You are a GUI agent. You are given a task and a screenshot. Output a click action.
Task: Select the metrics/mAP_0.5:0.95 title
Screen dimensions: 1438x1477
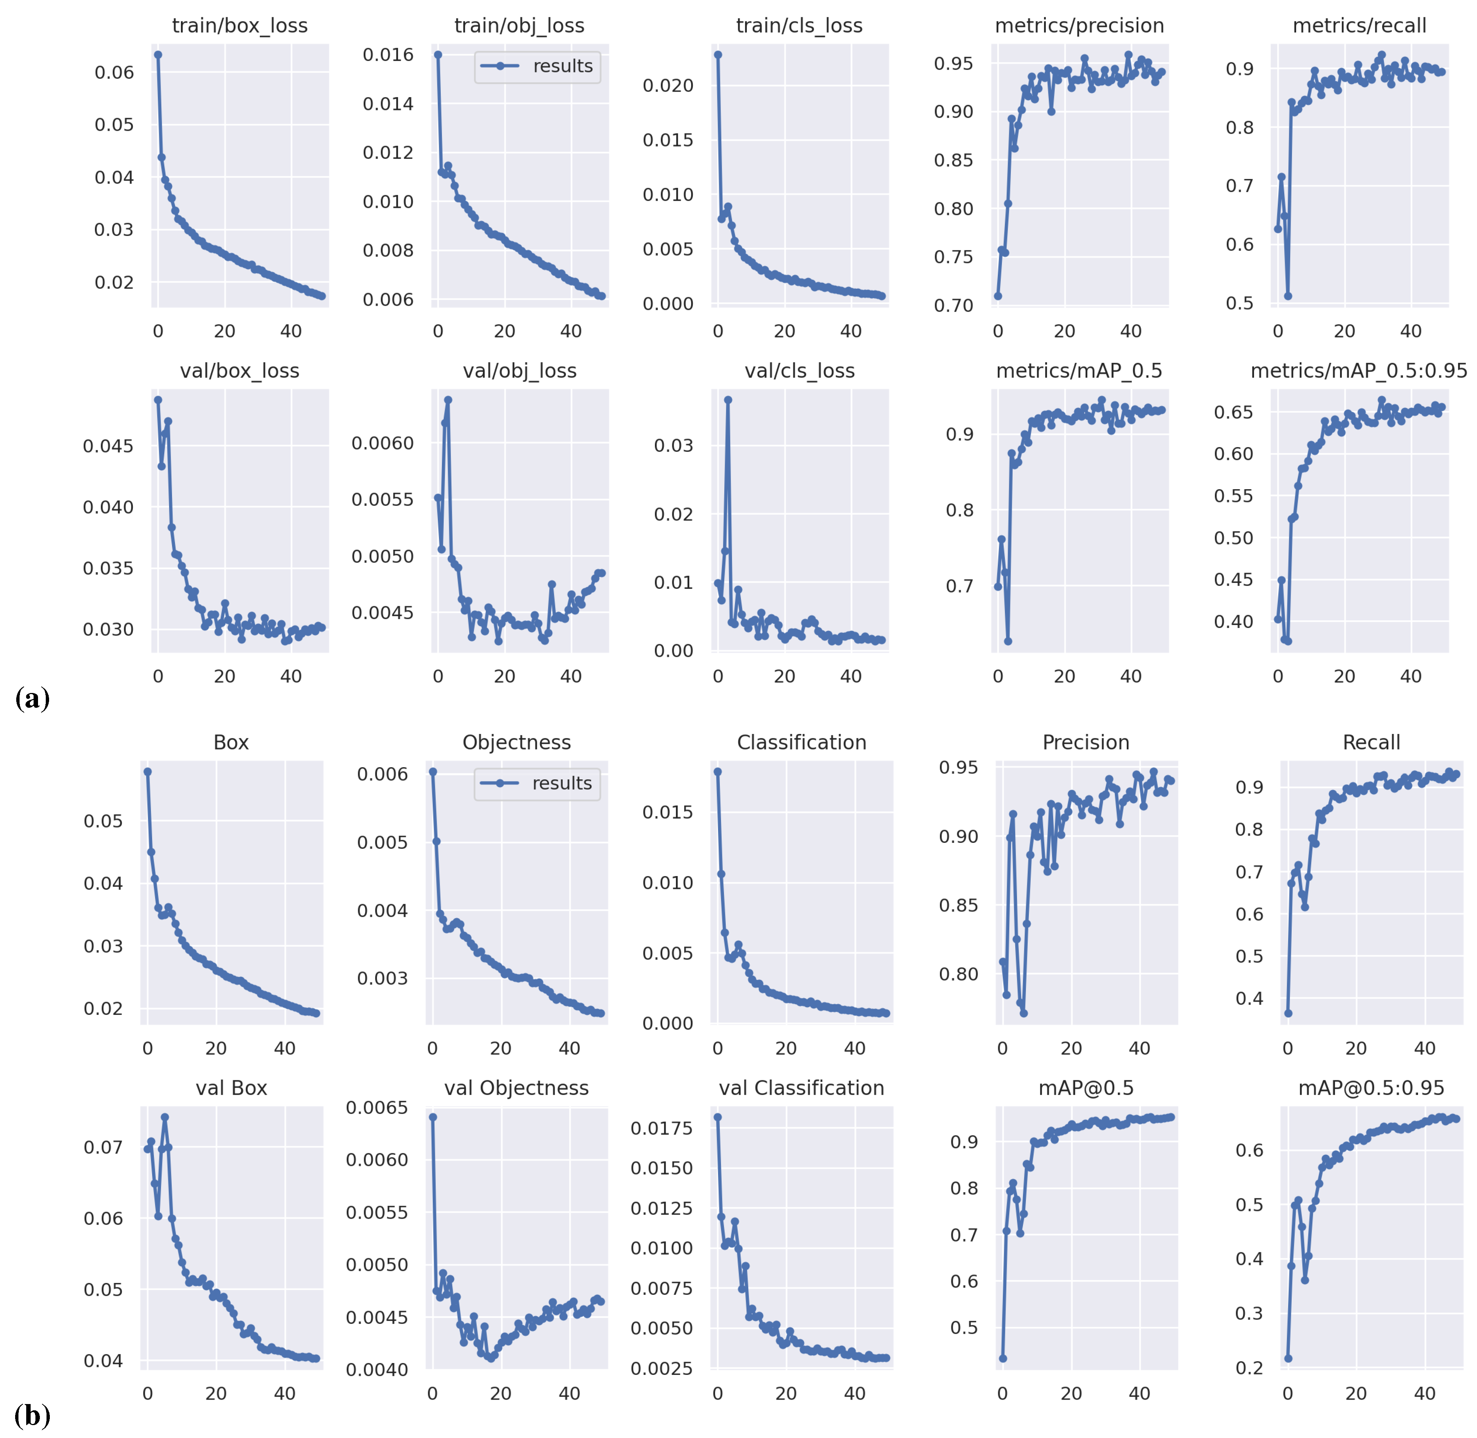click(1358, 371)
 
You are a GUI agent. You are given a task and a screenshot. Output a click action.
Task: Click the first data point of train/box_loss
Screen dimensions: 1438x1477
click(158, 54)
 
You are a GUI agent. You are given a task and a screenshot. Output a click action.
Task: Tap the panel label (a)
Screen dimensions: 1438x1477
click(32, 698)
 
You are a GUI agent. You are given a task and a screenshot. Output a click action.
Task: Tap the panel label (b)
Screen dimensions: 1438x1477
click(32, 1415)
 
